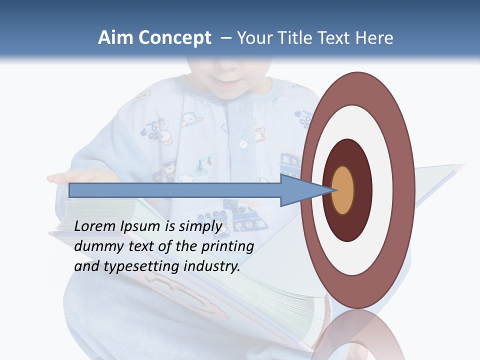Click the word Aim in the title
(115, 38)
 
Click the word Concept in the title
(174, 38)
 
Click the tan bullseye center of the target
(343, 190)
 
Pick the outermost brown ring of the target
(406, 190)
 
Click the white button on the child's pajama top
(243, 144)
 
